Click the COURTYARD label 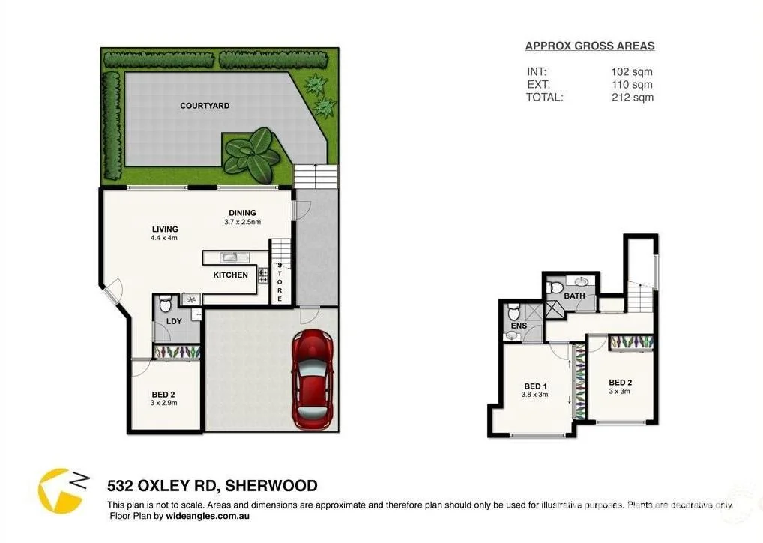[x=205, y=106]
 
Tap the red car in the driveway [x=313, y=379]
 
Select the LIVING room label [x=164, y=229]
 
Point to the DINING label [x=242, y=213]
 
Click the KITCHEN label [x=230, y=275]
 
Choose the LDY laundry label [x=174, y=321]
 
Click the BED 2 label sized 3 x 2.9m [x=163, y=394]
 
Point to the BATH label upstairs [x=574, y=296]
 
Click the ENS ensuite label [x=519, y=326]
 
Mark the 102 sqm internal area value [x=631, y=72]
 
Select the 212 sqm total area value [x=631, y=97]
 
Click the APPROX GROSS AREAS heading [x=589, y=46]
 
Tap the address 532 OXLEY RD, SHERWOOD [x=212, y=486]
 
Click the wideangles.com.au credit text [x=208, y=516]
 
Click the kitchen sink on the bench [x=229, y=257]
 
